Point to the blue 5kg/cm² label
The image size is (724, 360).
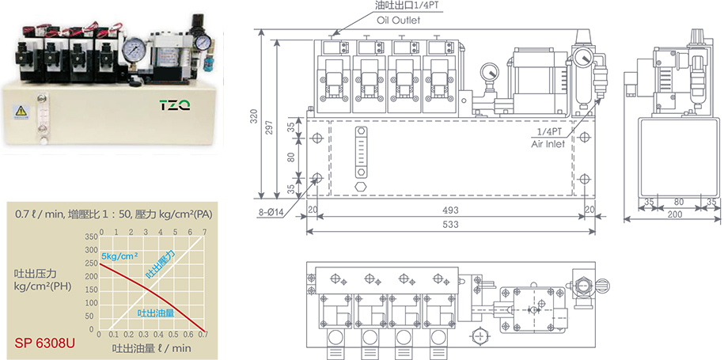pyautogui.click(x=119, y=256)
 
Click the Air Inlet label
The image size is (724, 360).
pyautogui.click(x=552, y=144)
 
